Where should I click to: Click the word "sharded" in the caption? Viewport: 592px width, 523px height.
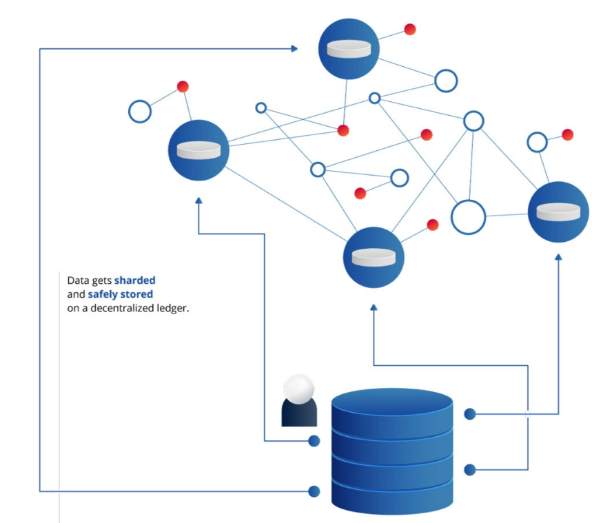point(135,280)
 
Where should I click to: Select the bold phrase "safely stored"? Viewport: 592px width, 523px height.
point(120,294)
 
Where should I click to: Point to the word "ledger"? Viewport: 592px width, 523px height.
point(172,308)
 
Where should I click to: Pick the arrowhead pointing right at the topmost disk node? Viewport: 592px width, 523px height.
point(294,48)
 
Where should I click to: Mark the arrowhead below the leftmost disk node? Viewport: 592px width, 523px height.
point(198,201)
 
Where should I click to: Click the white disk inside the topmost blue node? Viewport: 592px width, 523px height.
point(349,49)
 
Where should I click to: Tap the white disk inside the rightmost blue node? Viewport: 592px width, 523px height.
point(558,212)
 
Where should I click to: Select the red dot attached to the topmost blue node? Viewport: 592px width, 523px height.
point(410,29)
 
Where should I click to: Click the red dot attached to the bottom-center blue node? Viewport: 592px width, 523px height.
point(433,225)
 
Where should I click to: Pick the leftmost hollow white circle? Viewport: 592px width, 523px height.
point(140,111)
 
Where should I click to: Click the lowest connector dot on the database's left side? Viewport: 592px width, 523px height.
point(314,491)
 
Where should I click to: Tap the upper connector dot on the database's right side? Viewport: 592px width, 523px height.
point(470,414)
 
